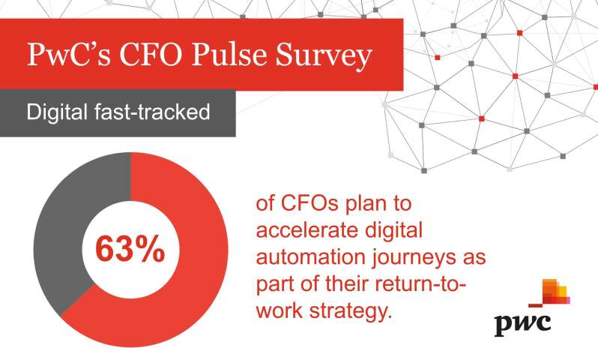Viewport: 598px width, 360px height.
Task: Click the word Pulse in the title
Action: click(x=229, y=54)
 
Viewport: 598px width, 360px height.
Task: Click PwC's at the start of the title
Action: click(x=69, y=54)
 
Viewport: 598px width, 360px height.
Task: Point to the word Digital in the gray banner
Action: click(x=57, y=112)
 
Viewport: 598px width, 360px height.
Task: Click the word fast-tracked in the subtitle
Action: click(x=152, y=112)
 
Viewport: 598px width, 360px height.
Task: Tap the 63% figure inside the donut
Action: click(x=130, y=249)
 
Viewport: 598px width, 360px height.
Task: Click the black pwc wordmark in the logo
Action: click(x=522, y=325)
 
